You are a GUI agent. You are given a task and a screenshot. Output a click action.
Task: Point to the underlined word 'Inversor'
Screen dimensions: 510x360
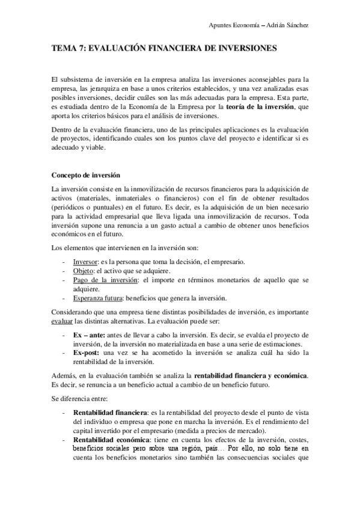[x=85, y=262]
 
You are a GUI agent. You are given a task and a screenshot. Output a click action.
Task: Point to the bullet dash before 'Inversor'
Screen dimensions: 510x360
[x=64, y=262]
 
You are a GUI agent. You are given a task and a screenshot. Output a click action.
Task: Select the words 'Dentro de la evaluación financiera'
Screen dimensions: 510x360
[x=105, y=129]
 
